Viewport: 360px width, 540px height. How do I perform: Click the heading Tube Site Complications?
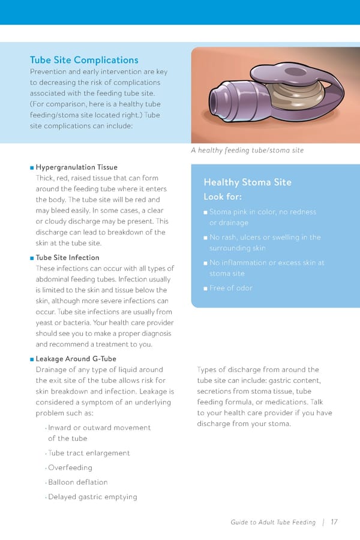(x=84, y=60)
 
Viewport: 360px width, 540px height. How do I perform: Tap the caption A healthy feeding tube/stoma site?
(x=247, y=150)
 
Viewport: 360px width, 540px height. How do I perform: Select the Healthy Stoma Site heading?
(x=247, y=182)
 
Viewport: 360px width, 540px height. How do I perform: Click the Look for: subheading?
(x=223, y=197)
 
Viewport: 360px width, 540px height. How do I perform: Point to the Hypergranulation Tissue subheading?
(x=76, y=167)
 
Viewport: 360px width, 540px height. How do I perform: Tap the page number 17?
(x=334, y=522)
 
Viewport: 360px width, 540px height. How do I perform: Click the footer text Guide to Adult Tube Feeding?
(x=272, y=522)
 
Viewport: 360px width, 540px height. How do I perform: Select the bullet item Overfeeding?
(x=70, y=467)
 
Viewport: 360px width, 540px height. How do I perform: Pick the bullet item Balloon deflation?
(x=78, y=482)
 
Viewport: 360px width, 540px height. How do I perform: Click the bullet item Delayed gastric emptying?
(x=92, y=497)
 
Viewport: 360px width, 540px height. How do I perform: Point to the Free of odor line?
(x=231, y=288)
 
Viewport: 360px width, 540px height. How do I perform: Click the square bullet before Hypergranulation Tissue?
(x=32, y=167)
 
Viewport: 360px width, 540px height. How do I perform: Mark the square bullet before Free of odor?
(x=205, y=289)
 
